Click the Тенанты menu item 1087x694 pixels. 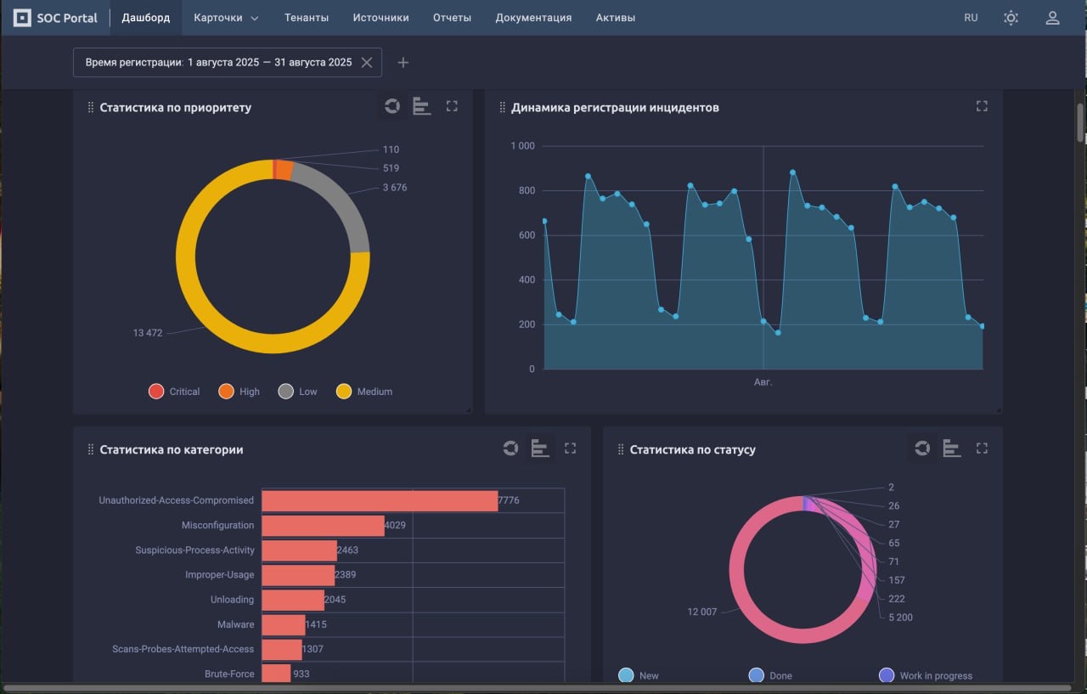point(307,18)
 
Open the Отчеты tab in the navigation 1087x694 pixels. point(452,18)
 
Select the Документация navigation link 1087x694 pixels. point(533,18)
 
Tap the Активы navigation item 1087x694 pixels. point(616,18)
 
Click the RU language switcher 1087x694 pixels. point(971,18)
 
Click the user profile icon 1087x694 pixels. point(1052,18)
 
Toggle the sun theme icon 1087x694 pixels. point(1011,18)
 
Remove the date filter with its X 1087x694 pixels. point(367,62)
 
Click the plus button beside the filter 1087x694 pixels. point(403,62)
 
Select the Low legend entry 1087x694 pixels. point(298,392)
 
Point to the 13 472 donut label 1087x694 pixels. point(148,333)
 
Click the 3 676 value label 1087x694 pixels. point(394,188)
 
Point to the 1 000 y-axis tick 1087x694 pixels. point(522,146)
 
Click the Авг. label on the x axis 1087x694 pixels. point(763,382)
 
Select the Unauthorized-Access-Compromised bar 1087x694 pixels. point(379,500)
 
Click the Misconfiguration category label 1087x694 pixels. point(217,525)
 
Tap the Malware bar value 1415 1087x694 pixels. point(316,624)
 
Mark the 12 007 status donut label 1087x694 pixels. point(701,612)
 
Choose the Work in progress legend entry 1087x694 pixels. point(927,675)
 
